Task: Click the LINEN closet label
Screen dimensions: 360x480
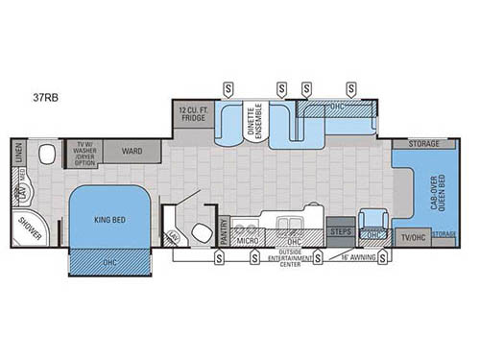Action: click(x=18, y=154)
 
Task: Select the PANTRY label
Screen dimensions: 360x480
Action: click(x=223, y=234)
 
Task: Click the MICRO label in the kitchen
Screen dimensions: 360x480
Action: click(x=247, y=241)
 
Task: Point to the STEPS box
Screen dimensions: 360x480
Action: click(x=340, y=231)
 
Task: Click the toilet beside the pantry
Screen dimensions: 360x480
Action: click(x=203, y=230)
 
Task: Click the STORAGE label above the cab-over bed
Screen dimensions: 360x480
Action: click(x=423, y=144)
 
